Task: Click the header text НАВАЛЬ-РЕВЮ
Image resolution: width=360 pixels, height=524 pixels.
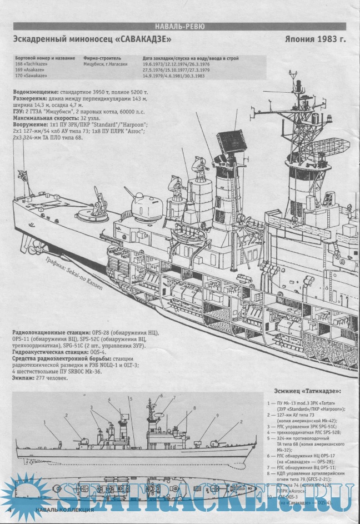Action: [180, 26]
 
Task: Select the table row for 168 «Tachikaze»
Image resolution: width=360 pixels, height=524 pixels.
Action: [33, 64]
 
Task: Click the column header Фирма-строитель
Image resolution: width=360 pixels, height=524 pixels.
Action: [102, 58]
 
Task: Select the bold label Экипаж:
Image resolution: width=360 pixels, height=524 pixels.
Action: [25, 378]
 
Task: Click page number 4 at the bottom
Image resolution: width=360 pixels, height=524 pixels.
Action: [11, 510]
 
